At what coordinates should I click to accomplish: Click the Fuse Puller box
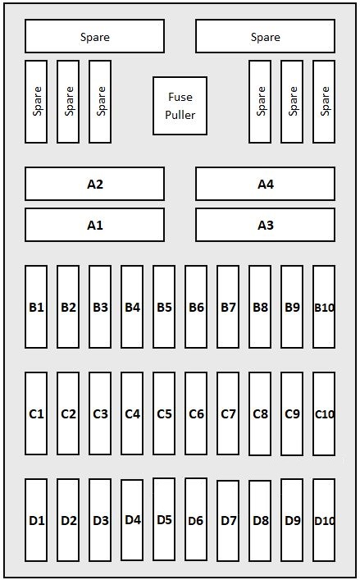pos(180,106)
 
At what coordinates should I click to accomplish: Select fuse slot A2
pos(94,184)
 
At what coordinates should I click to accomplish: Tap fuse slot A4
pos(266,184)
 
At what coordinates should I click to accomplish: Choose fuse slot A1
pos(94,225)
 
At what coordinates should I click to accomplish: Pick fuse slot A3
pos(266,225)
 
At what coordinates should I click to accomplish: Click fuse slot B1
pos(36,307)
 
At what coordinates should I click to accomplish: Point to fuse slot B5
pos(164,307)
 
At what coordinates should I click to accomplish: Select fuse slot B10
pos(324,307)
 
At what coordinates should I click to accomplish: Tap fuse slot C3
pos(100,413)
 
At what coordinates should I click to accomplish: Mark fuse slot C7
pos(228,413)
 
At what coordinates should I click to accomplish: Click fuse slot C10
pos(324,413)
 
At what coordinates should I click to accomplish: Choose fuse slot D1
pos(36,520)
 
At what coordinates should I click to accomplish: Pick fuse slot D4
pos(132,520)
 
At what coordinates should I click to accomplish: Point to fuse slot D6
pos(196,519)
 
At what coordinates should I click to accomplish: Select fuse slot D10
pos(324,520)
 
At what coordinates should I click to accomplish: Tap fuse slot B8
pos(260,307)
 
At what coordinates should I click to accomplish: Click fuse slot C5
pos(164,413)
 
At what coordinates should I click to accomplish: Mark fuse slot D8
pos(260,521)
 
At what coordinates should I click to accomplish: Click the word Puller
pos(180,115)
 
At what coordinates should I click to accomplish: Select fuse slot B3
pos(100,307)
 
